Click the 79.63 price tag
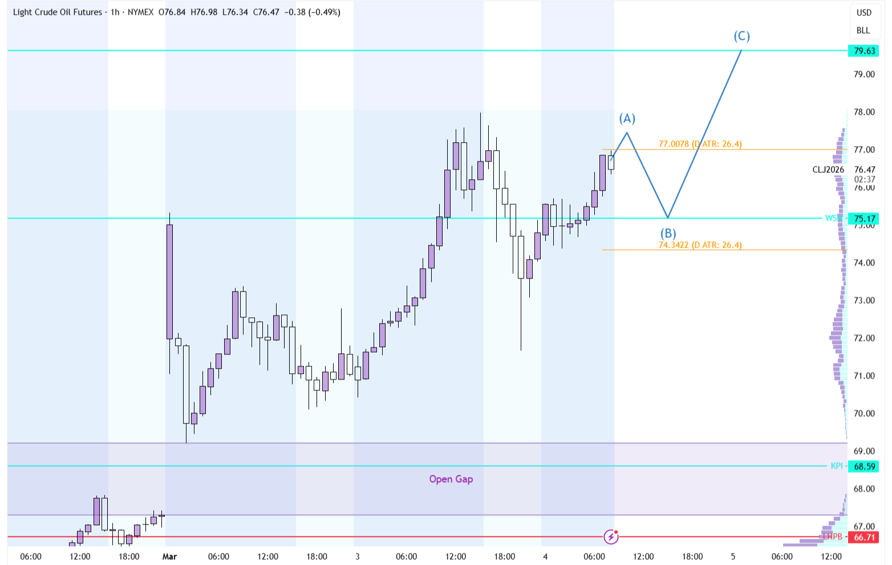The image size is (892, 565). pyautogui.click(x=864, y=51)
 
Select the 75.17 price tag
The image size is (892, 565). pyautogui.click(x=864, y=219)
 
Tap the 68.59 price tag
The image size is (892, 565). pyautogui.click(x=864, y=466)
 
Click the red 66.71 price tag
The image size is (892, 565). pyautogui.click(x=864, y=537)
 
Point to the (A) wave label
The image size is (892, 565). pyautogui.click(x=627, y=118)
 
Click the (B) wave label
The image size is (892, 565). pyautogui.click(x=668, y=233)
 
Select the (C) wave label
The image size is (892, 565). pyautogui.click(x=741, y=37)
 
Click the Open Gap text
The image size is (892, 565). pyautogui.click(x=451, y=479)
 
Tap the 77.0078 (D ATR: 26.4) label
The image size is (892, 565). pyautogui.click(x=700, y=144)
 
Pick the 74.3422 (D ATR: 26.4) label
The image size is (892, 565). pyautogui.click(x=700, y=245)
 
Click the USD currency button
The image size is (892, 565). pyautogui.click(x=863, y=13)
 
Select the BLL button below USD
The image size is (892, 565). pyautogui.click(x=863, y=30)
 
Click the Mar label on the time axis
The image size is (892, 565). pyautogui.click(x=169, y=556)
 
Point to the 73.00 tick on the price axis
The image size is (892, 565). pyautogui.click(x=864, y=300)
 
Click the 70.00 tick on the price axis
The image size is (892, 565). pyautogui.click(x=864, y=413)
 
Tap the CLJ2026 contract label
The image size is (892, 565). pyautogui.click(x=828, y=169)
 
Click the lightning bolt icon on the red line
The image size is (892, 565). pyautogui.click(x=611, y=536)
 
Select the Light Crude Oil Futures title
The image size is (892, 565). pyautogui.click(x=58, y=12)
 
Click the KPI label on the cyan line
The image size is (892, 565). pyautogui.click(x=836, y=466)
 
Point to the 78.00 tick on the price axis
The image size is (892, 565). pyautogui.click(x=864, y=112)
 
